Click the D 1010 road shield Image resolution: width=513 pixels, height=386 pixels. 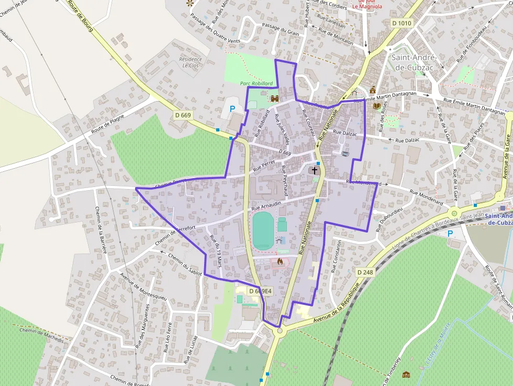pos(402,23)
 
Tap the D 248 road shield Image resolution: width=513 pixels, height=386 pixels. pos(365,272)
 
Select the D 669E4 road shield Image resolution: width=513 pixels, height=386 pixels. pos(260,291)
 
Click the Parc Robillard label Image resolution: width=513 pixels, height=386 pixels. pos(256,83)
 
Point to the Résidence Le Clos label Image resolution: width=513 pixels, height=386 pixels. pos(191,62)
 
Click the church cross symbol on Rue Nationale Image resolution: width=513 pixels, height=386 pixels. pos(315,170)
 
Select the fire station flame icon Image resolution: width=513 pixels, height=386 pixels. pos(280,261)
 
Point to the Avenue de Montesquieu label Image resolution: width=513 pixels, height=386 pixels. pos(143,285)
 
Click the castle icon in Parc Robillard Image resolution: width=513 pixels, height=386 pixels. pos(274,98)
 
